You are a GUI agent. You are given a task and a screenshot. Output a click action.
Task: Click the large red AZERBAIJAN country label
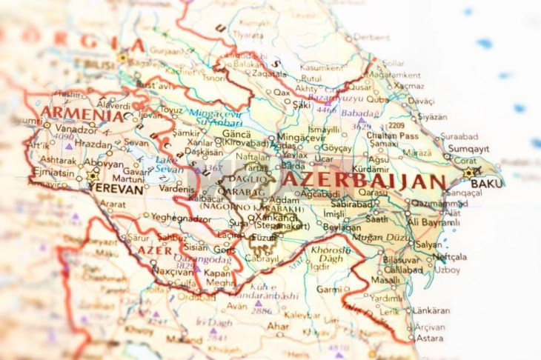pyautogui.click(x=364, y=181)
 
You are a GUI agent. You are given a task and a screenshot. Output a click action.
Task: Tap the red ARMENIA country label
pyautogui.click(x=82, y=116)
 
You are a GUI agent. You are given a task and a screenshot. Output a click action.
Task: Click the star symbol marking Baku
pyautogui.click(x=468, y=173)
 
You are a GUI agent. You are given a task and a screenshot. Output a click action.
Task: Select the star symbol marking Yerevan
pyautogui.click(x=93, y=176)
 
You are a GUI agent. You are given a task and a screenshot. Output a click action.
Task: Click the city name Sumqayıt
pyautogui.click(x=468, y=148)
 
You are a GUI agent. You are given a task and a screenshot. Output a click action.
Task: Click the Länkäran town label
pyautogui.click(x=431, y=310)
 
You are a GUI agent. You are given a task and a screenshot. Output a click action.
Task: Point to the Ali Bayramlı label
pyautogui.click(x=434, y=222)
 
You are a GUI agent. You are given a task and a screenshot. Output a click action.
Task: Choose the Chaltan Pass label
pyautogui.click(x=393, y=136)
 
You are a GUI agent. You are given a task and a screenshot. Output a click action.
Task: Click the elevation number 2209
pyautogui.click(x=396, y=126)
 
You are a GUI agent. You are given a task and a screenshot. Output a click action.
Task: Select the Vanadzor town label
pyautogui.click(x=76, y=129)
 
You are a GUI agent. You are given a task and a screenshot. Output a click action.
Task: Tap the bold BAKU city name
pyautogui.click(x=486, y=183)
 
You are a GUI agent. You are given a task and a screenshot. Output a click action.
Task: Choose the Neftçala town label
pyautogui.click(x=450, y=257)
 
